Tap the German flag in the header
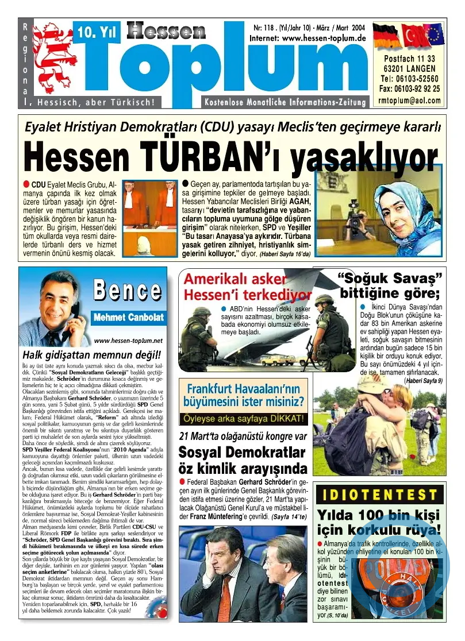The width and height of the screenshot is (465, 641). (386, 37)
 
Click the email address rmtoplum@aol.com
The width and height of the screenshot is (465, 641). (410, 100)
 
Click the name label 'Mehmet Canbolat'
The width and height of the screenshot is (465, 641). (128, 317)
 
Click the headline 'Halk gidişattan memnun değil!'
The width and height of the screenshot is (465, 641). (91, 354)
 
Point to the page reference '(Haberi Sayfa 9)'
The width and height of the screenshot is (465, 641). (422, 380)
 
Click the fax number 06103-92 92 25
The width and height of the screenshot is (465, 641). (410, 88)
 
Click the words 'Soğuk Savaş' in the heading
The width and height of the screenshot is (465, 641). (390, 278)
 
